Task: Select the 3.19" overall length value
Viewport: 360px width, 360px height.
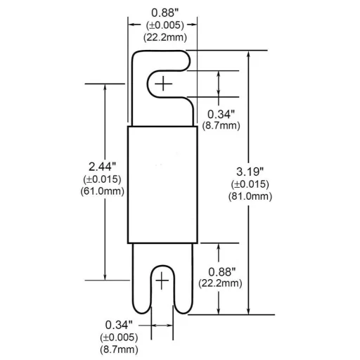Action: click(250, 172)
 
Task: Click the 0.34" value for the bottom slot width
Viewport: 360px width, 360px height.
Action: click(118, 324)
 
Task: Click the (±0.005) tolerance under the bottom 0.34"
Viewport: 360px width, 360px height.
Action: click(118, 337)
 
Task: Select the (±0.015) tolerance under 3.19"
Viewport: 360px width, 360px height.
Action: click(250, 184)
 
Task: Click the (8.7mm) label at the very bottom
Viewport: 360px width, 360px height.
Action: click(118, 349)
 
